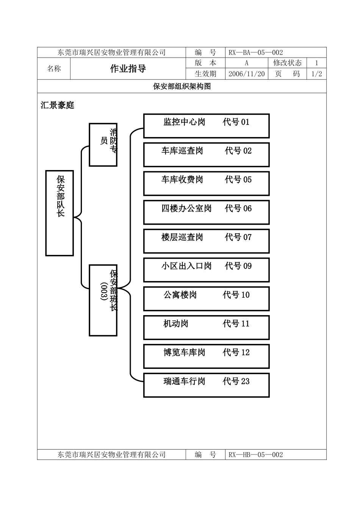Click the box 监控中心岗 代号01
click(206, 126)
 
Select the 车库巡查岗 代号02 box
click(206, 155)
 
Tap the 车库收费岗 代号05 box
click(206, 183)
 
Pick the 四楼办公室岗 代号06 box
click(206, 212)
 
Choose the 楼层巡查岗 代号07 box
click(206, 241)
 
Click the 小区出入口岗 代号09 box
click(206, 270)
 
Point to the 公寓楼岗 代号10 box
click(206, 298)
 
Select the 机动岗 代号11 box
click(206, 327)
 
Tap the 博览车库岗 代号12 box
click(206, 356)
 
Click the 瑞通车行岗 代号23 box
click(206, 385)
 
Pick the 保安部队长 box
click(59, 213)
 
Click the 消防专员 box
click(103, 144)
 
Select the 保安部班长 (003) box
click(103, 300)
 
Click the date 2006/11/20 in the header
click(246, 74)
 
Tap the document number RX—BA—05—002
click(256, 53)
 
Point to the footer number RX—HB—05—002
click(256, 454)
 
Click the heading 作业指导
click(128, 69)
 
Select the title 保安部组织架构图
click(182, 86)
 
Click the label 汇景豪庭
click(58, 105)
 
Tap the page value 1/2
click(316, 74)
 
